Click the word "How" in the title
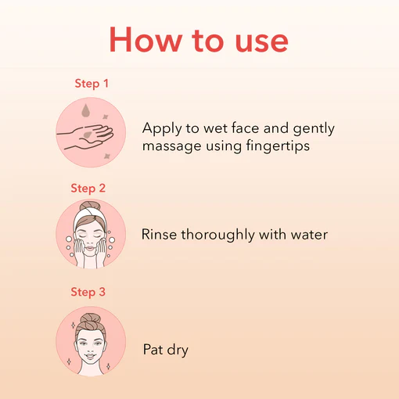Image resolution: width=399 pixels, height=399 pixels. click(x=146, y=39)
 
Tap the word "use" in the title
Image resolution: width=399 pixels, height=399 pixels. click(x=262, y=42)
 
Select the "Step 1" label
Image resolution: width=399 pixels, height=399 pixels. click(x=92, y=84)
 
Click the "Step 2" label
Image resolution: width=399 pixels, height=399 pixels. click(x=88, y=189)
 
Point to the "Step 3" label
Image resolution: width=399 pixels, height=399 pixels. click(x=88, y=292)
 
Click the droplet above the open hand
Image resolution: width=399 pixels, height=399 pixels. click(x=85, y=110)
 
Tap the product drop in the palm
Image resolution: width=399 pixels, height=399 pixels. click(x=88, y=135)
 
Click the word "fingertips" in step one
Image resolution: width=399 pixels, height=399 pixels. click(x=278, y=146)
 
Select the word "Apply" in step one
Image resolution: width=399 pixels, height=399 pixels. click(x=162, y=129)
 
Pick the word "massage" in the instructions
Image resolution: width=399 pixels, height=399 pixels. click(x=171, y=146)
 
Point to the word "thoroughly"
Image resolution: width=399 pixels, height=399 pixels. click(x=217, y=235)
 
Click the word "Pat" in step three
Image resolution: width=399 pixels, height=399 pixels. click(x=153, y=350)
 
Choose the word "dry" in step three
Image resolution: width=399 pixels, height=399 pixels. click(x=178, y=350)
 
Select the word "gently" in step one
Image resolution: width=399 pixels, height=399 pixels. click(x=314, y=129)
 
